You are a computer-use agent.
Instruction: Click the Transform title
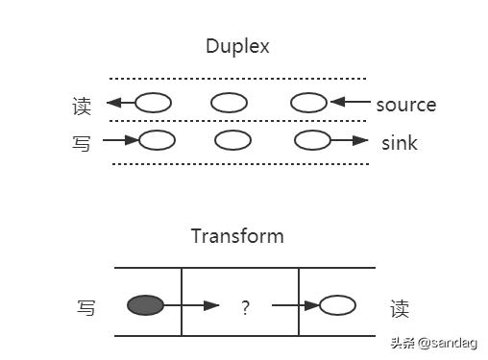237,236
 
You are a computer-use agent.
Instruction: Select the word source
405,105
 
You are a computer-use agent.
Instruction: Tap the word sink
400,144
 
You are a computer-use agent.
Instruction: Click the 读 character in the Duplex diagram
82,105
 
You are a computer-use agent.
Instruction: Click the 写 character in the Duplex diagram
82,144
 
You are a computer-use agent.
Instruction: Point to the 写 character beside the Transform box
86,308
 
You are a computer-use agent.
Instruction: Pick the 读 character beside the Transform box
400,308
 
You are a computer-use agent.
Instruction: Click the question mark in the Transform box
246,308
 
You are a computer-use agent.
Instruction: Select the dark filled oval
146,306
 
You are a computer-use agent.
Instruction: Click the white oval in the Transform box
337,306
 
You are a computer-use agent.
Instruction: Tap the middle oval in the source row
230,102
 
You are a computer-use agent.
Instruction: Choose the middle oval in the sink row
232,141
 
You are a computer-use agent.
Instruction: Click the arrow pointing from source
350,103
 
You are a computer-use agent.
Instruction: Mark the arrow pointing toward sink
350,141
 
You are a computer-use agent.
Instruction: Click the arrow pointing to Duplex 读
120,103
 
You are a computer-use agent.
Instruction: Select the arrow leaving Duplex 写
120,141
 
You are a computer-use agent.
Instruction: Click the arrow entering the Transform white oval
295,307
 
